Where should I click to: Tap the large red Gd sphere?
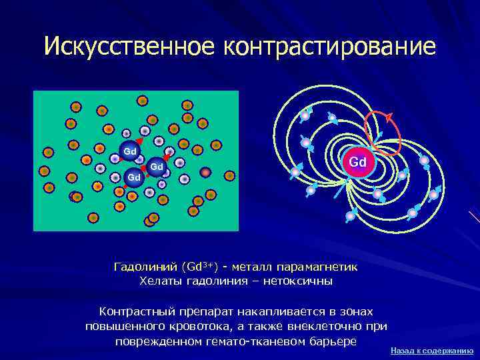[x=357, y=162]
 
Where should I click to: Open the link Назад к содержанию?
[x=431, y=350]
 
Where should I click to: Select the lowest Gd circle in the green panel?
[x=134, y=177]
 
